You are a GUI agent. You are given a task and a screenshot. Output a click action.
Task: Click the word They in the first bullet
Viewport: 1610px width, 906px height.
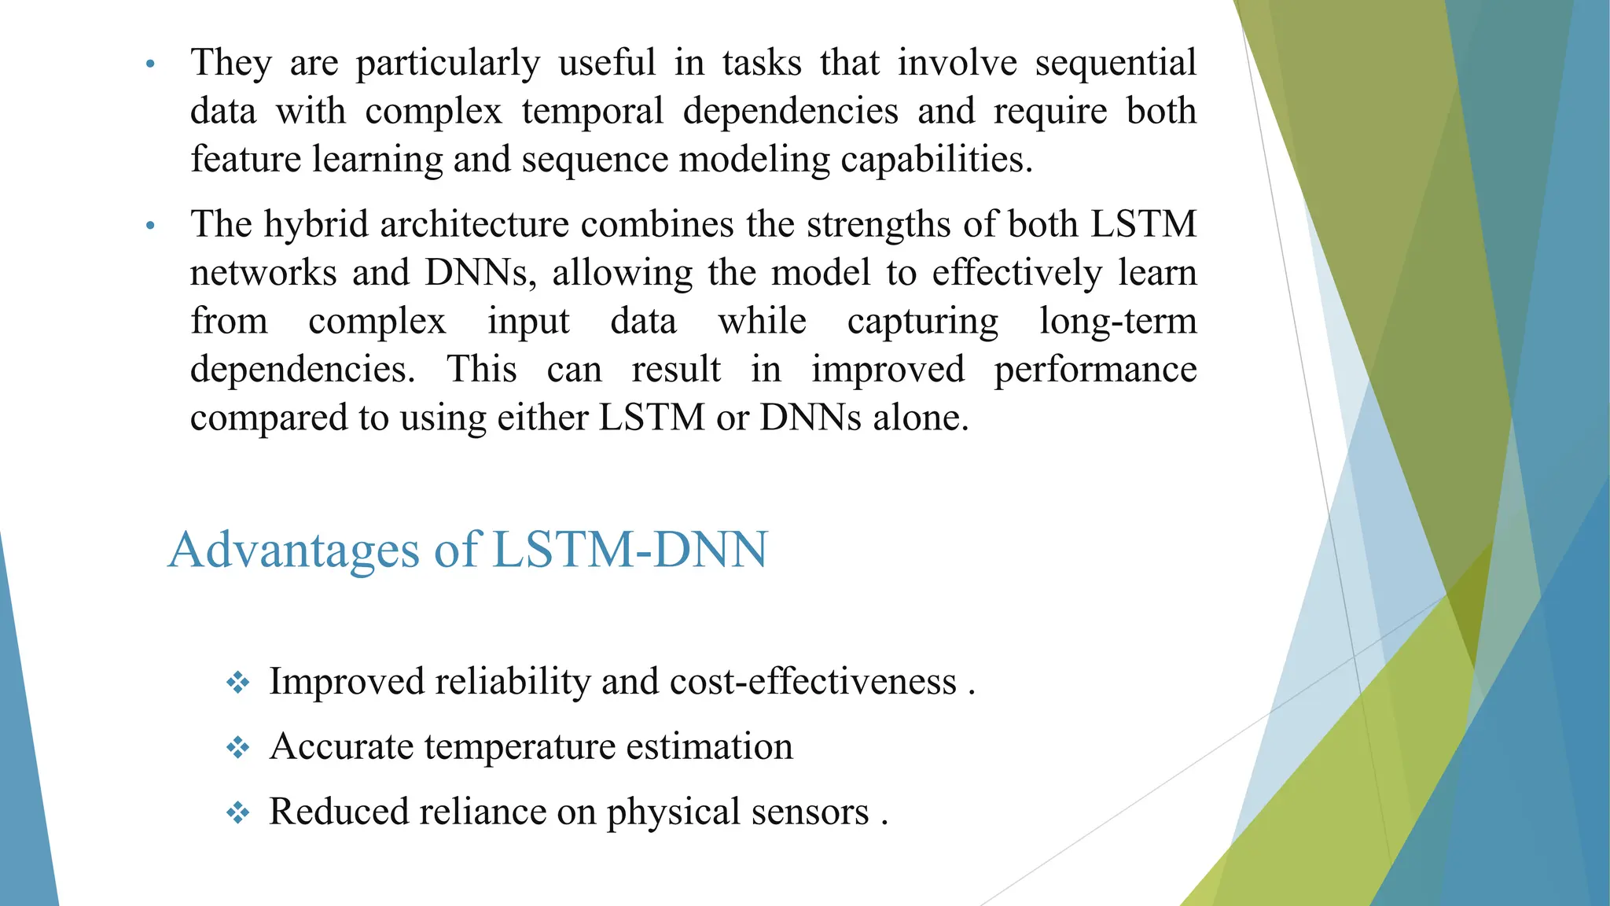tap(231, 63)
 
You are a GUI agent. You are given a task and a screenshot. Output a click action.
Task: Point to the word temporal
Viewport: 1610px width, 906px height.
tap(593, 112)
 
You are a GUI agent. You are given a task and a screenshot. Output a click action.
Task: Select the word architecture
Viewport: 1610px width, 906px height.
tap(474, 225)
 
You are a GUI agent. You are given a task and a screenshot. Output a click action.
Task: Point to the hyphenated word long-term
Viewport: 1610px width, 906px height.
tap(1118, 321)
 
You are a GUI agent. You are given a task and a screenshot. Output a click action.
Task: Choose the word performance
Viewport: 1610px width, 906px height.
tap(1095, 370)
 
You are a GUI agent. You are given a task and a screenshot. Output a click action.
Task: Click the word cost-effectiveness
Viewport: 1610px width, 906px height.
tap(813, 681)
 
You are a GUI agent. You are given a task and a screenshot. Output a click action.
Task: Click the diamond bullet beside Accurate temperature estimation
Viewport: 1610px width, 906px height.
tap(237, 747)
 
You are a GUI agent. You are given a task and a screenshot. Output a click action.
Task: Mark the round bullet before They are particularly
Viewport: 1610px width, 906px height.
tap(151, 64)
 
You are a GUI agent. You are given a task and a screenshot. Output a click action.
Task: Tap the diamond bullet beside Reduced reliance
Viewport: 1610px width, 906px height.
tap(237, 812)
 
